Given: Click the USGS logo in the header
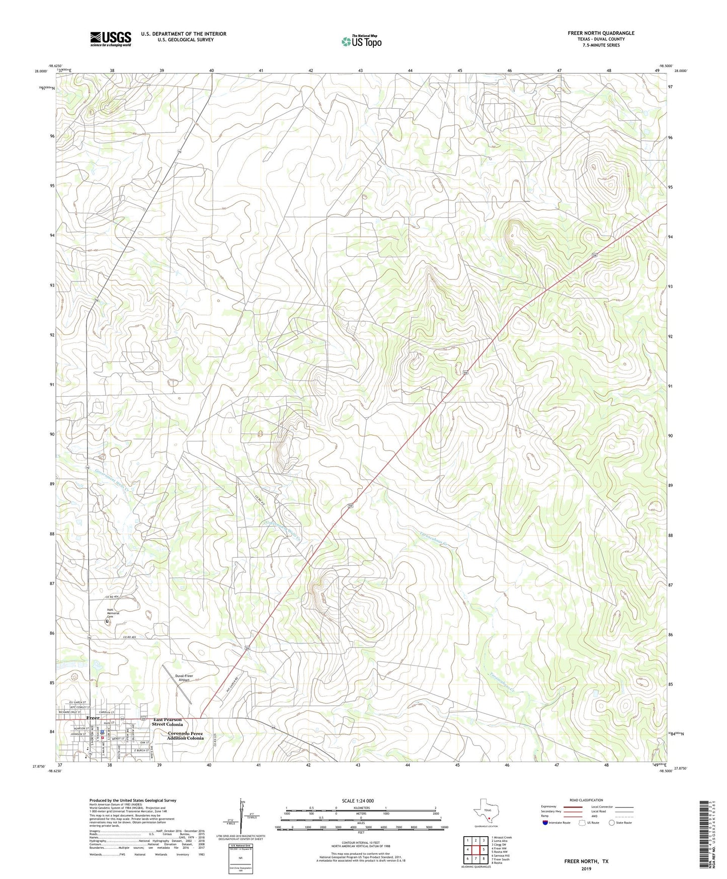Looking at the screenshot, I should [x=111, y=38].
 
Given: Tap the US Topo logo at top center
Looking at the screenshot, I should [x=361, y=41].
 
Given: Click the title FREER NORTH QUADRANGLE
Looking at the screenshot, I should [x=601, y=33].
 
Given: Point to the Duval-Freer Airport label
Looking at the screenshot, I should [x=184, y=678].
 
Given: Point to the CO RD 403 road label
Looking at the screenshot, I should [x=130, y=638].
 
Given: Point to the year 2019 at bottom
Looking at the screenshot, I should [x=586, y=869].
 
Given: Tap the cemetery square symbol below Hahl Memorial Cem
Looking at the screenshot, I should [x=107, y=622].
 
